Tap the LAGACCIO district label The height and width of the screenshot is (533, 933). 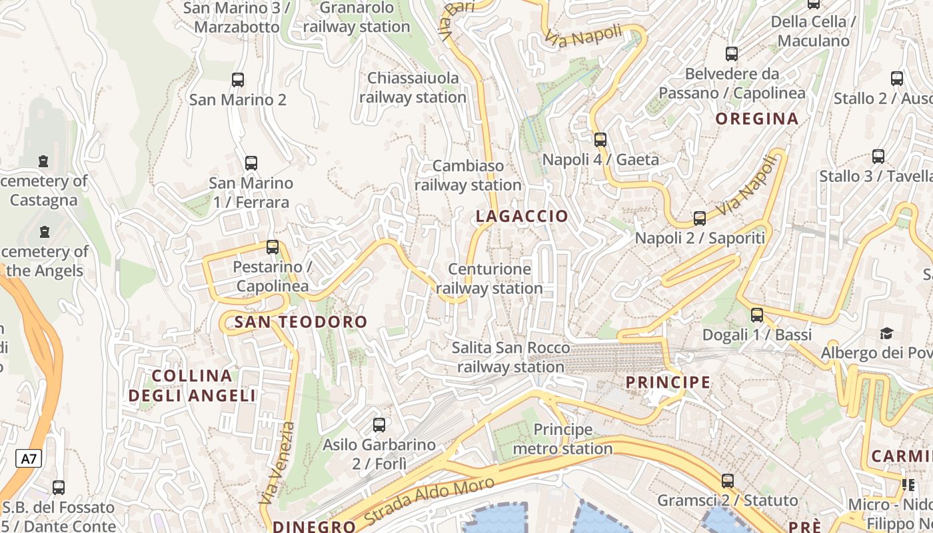click(522, 216)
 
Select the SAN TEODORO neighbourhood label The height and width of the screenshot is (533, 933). click(301, 322)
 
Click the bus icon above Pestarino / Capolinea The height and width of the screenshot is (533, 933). click(272, 247)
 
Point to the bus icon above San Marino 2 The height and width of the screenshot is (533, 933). click(237, 80)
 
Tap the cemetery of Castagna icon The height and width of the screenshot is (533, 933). click(43, 161)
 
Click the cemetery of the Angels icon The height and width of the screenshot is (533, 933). click(45, 232)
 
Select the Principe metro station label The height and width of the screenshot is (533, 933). click(562, 439)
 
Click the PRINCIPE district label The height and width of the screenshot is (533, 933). click(668, 382)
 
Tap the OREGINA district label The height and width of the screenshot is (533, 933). click(756, 119)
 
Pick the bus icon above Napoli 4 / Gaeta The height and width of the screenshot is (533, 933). click(600, 140)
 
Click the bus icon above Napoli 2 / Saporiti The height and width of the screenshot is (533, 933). click(699, 219)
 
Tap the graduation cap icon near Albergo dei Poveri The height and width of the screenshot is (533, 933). click(886, 332)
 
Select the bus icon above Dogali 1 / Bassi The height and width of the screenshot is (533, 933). click(756, 315)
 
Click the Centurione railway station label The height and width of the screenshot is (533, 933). click(489, 278)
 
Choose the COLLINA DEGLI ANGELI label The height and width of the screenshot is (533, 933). click(192, 385)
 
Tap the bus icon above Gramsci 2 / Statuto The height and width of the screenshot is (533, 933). click(727, 481)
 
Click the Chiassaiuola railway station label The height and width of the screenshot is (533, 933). click(413, 87)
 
